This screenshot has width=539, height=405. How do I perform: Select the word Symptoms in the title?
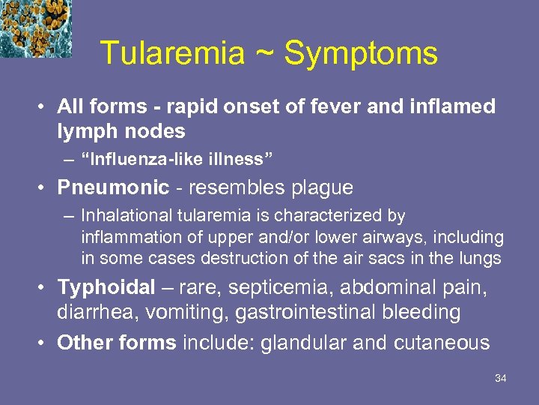coord(361,53)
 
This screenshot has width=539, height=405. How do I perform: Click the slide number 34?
coord(501,378)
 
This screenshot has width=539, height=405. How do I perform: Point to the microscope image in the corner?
coord(35,28)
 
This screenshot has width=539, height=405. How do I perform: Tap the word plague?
coord(320,187)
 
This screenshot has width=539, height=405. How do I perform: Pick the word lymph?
coord(84,131)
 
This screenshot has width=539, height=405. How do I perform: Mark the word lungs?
coord(483,258)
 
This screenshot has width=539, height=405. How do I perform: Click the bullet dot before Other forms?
coord(44,343)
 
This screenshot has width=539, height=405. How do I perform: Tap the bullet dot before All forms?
coord(44,107)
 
